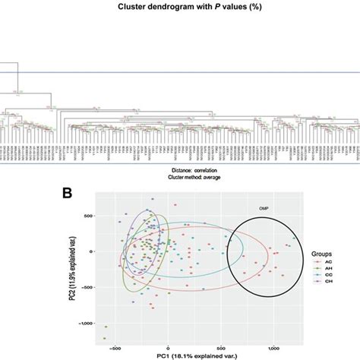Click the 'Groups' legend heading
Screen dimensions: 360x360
[x=321, y=247]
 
